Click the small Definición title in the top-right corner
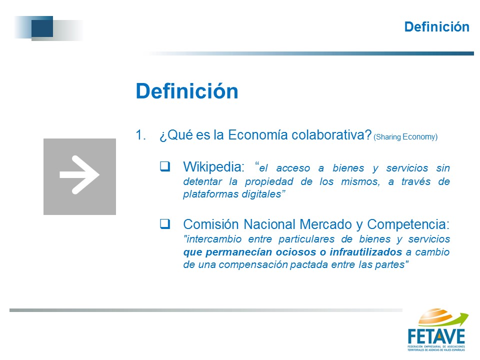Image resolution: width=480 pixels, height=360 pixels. click(437, 27)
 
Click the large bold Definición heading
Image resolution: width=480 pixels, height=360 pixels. click(187, 91)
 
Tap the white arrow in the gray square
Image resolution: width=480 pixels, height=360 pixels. click(79, 175)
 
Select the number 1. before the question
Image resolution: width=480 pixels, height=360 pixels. click(140, 135)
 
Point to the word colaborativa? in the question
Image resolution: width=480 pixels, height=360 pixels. click(331, 135)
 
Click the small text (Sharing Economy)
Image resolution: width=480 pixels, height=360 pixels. click(405, 137)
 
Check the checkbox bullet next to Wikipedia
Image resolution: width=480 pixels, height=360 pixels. click(165, 166)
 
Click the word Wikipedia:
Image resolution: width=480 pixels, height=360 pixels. click(213, 167)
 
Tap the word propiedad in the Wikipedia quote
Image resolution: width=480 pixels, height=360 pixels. click(269, 181)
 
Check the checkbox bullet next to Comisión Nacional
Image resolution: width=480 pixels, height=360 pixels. click(165, 224)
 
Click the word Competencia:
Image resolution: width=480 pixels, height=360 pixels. click(408, 224)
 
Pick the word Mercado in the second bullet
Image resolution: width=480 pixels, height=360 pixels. click(325, 224)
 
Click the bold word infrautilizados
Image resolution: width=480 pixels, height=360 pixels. click(366, 252)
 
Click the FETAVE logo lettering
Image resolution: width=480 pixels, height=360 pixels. click(436, 336)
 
